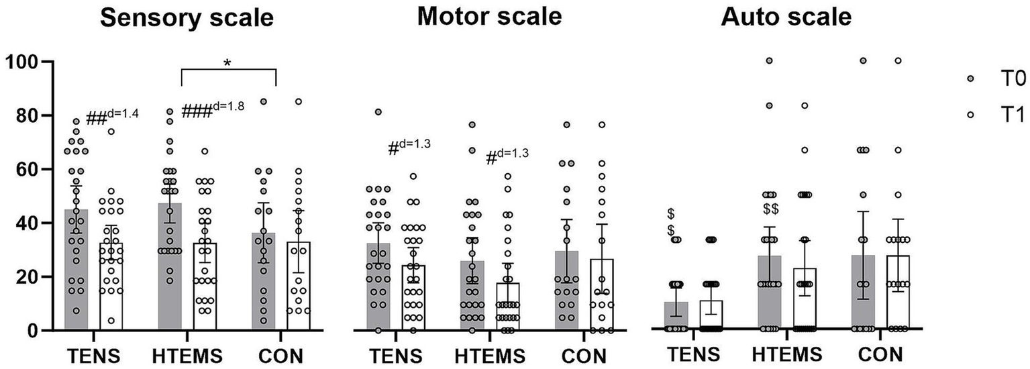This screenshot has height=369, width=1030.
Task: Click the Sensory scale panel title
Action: click(x=187, y=17)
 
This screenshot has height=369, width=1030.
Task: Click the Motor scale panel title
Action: click(x=489, y=17)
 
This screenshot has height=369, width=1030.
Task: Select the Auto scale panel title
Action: click(x=786, y=17)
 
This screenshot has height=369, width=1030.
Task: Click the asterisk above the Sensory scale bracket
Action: click(x=227, y=64)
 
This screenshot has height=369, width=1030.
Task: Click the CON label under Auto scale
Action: click(x=879, y=354)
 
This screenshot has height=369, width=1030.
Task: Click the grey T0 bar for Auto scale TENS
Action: click(x=676, y=316)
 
